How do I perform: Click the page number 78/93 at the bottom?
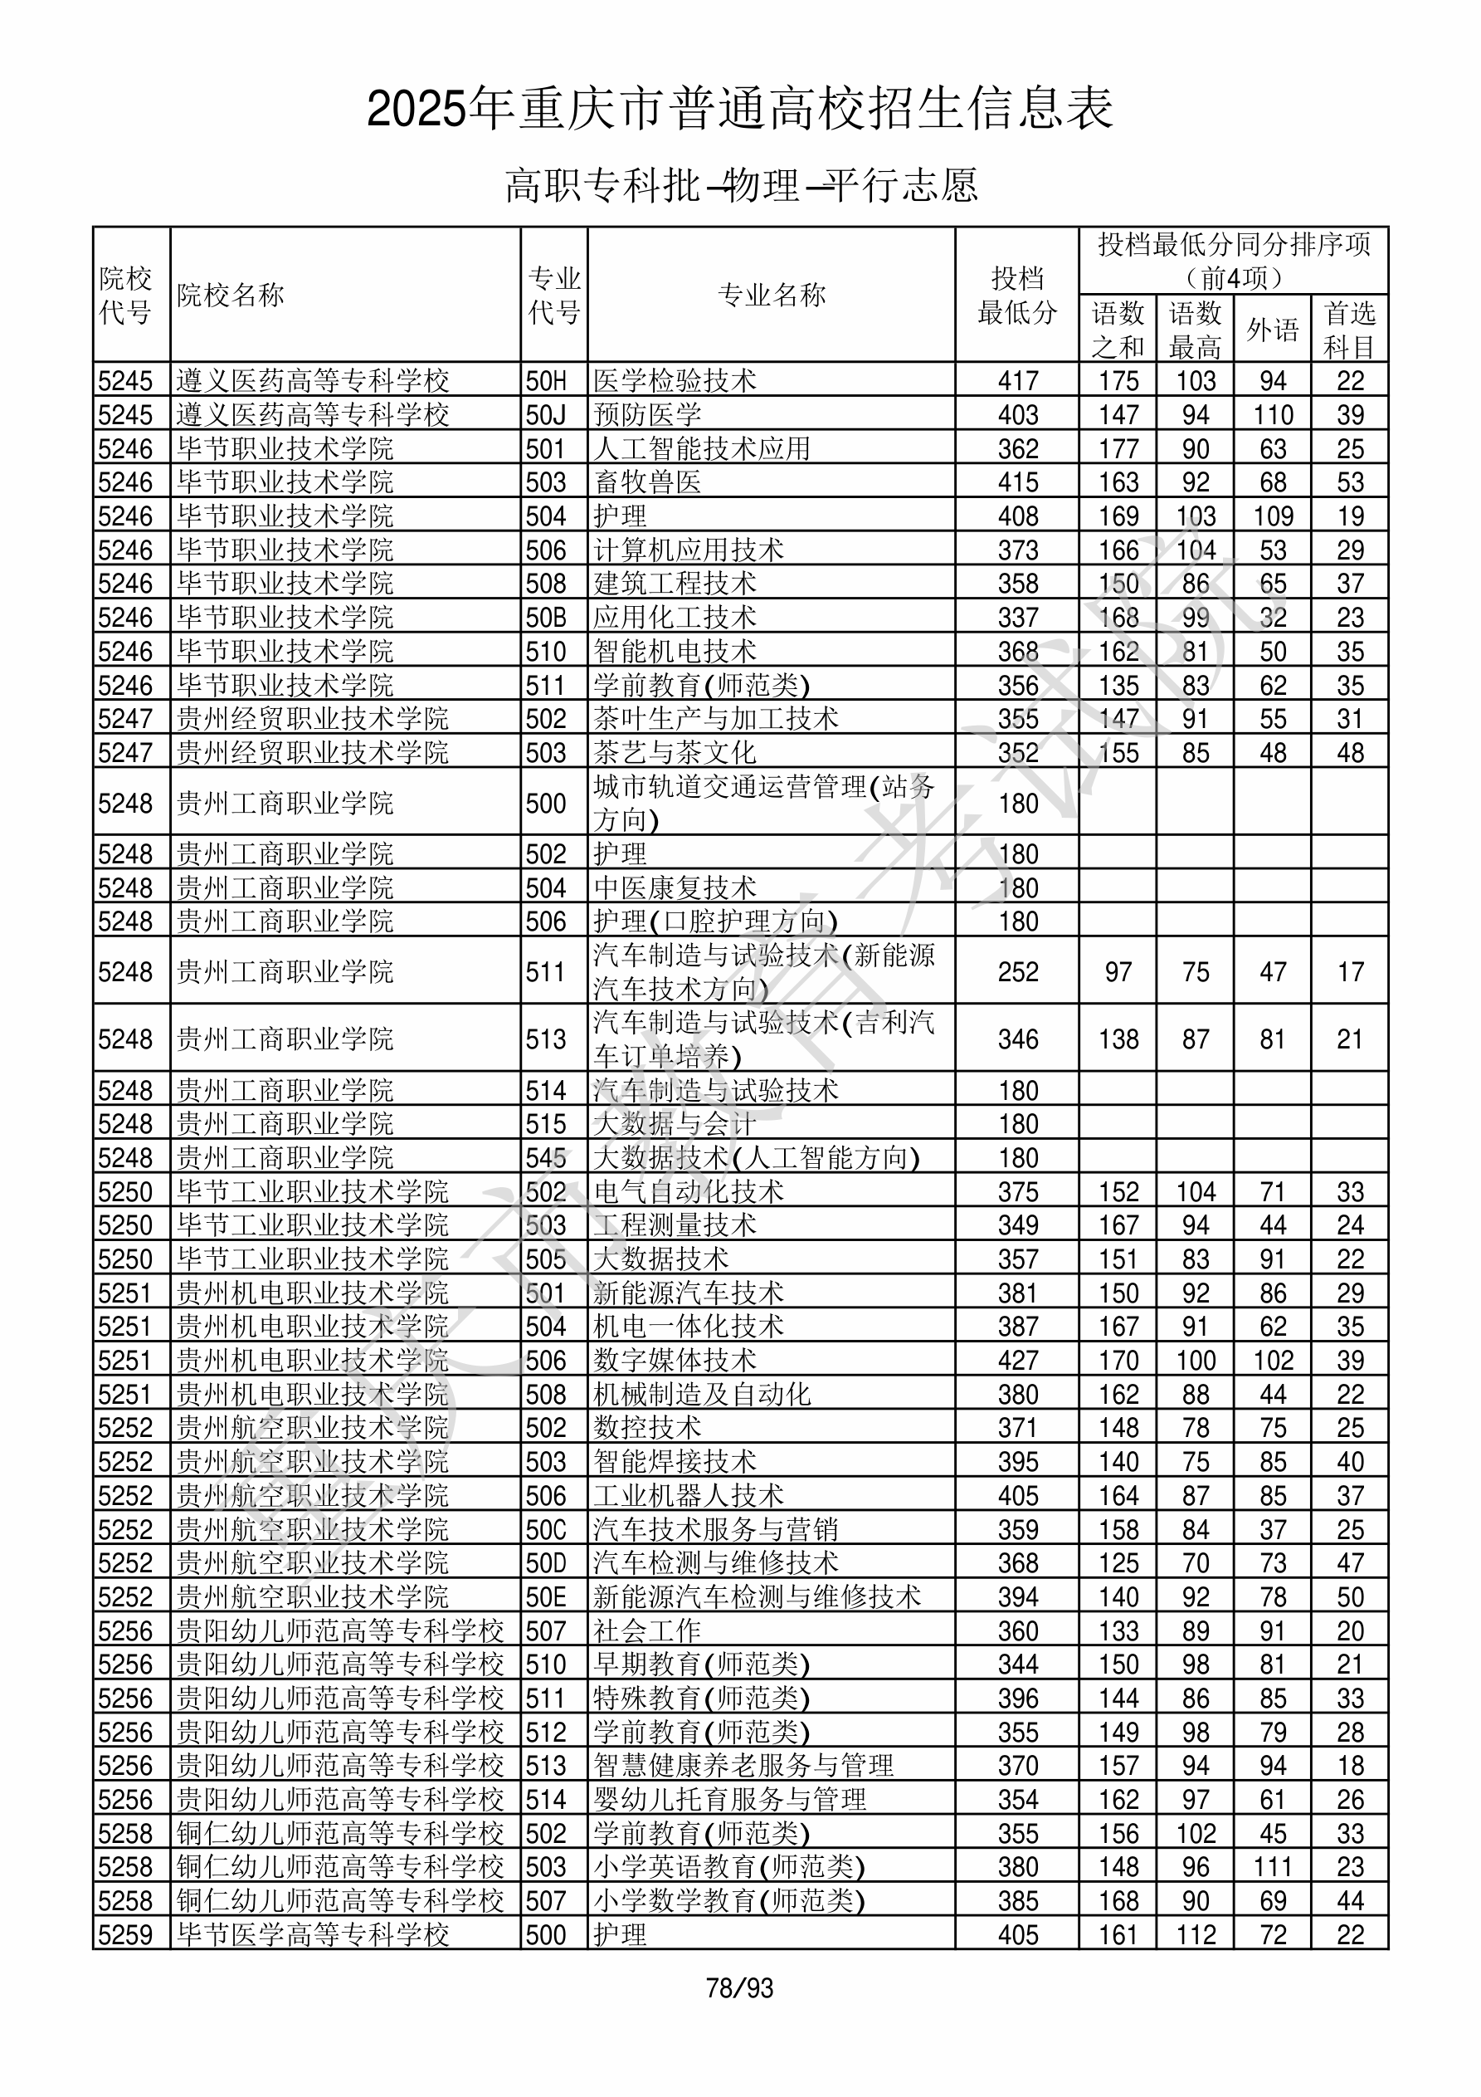click(739, 1987)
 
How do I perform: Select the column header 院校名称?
click(230, 295)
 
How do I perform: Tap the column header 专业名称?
click(772, 295)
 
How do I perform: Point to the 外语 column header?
click(1272, 329)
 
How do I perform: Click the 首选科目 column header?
click(1350, 329)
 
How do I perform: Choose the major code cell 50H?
click(546, 381)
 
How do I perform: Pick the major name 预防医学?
click(647, 414)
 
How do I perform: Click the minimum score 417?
click(1017, 381)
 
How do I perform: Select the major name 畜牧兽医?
click(647, 482)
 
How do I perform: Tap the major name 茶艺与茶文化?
click(675, 753)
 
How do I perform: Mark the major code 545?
click(546, 1158)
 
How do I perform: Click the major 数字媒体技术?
click(675, 1361)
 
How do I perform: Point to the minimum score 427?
click(1017, 1361)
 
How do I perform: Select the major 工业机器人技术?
click(689, 1496)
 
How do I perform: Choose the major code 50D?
click(546, 1563)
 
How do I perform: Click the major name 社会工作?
click(647, 1631)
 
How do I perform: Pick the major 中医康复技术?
click(675, 887)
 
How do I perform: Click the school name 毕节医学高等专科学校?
click(312, 1935)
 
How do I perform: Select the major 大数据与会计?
click(675, 1124)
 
